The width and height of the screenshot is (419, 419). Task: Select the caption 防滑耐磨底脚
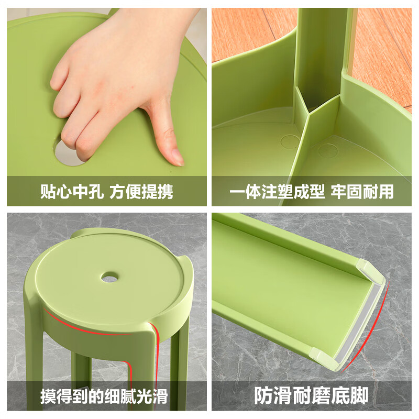311,395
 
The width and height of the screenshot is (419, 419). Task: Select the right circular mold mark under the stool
328,151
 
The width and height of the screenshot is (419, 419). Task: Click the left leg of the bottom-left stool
80,372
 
